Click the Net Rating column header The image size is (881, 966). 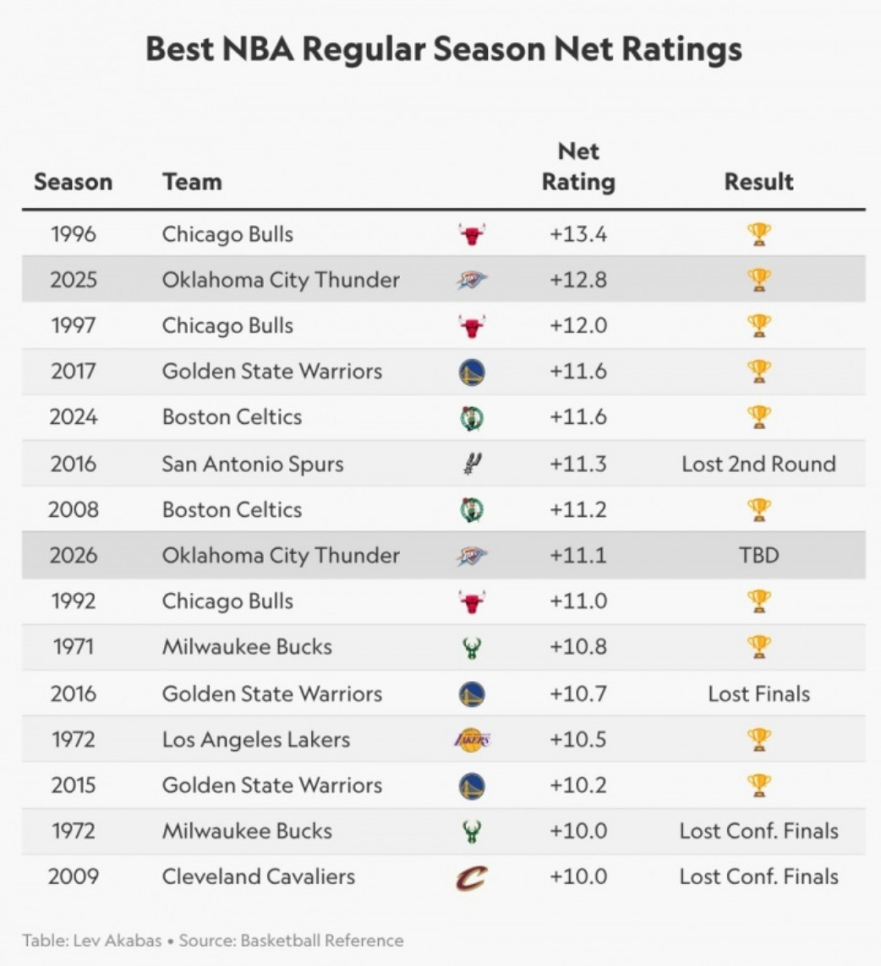click(x=578, y=167)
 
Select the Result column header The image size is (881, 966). click(x=758, y=182)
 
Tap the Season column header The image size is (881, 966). click(x=74, y=182)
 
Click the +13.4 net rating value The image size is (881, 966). click(x=578, y=234)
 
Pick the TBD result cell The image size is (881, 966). click(x=759, y=555)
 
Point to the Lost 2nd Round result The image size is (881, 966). click(x=758, y=464)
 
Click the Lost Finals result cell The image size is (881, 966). click(x=758, y=694)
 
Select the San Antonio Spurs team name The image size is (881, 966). click(x=253, y=464)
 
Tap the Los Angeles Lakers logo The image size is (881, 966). click(x=473, y=738)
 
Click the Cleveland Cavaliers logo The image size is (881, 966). click(x=472, y=877)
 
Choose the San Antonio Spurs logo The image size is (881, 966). click(x=473, y=464)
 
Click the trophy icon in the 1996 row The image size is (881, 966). click(x=759, y=234)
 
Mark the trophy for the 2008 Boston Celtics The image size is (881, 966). click(x=759, y=509)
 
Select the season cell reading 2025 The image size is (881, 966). click(x=74, y=280)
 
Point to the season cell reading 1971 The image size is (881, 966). click(x=74, y=647)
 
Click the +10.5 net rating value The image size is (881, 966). click(x=578, y=739)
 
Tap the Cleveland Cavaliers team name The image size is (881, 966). click(x=259, y=876)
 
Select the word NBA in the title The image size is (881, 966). click(x=258, y=49)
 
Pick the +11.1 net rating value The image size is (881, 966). click(x=578, y=555)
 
